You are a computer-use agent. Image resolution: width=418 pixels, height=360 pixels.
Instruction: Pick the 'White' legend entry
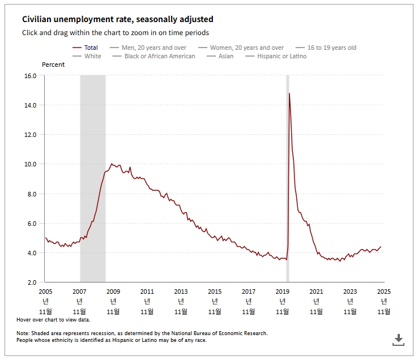93,56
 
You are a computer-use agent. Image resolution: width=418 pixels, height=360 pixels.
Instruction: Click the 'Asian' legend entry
226,56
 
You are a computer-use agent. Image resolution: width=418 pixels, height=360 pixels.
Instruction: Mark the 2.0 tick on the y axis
32,282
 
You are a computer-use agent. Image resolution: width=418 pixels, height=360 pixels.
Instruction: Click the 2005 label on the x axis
45,292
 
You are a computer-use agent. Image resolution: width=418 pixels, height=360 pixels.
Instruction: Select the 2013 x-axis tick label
181,292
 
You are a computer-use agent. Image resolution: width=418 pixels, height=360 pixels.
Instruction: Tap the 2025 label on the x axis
383,292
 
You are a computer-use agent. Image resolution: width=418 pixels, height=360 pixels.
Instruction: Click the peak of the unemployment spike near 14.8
289,93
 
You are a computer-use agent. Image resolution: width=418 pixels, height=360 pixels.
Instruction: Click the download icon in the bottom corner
399,340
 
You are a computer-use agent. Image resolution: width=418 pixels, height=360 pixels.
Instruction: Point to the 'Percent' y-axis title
53,65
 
